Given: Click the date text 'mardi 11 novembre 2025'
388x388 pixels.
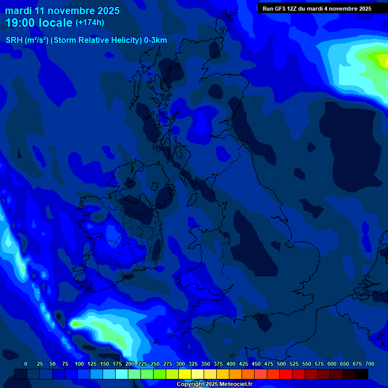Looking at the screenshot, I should pos(62,11).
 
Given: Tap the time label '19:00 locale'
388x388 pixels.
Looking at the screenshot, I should pos(39,23).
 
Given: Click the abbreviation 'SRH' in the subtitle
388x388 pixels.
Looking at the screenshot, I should pos(14,40).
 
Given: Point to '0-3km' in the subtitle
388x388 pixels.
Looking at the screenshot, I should pos(155,40).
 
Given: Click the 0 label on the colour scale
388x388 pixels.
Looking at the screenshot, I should pos(26,364).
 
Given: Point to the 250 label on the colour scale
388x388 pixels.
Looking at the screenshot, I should pos(155,364).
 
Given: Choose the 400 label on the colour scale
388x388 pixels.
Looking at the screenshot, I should pos(231,364).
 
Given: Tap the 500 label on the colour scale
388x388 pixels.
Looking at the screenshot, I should pos(281,364).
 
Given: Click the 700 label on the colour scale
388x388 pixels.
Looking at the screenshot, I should pos(370,364).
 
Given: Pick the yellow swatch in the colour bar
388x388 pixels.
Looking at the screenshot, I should pos(185,374).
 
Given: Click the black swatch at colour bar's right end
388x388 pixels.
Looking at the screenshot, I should pos(362,374).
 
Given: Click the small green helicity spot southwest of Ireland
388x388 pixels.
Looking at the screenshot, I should pos(76,323).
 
